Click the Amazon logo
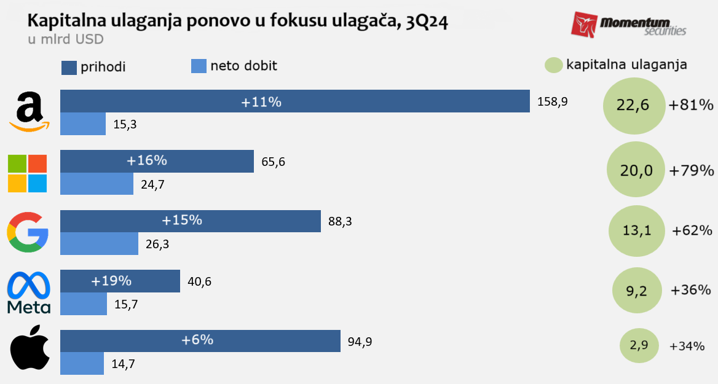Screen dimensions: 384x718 [29, 112]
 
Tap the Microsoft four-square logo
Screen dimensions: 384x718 [27, 173]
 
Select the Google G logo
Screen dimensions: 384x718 [28, 232]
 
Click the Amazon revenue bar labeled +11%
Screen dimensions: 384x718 [294, 101]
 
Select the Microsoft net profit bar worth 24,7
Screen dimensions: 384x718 [97, 183]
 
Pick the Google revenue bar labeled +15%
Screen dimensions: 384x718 [190, 221]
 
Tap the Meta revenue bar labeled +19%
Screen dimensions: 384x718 [120, 281]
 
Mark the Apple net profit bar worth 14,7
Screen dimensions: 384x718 [82, 363]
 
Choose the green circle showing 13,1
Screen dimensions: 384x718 [637, 231]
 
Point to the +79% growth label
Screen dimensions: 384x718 [692, 170]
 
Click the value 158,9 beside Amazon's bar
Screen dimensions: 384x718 [551, 101]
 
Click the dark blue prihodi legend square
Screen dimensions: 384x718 [69, 67]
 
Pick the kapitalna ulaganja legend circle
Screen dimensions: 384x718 [553, 65]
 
